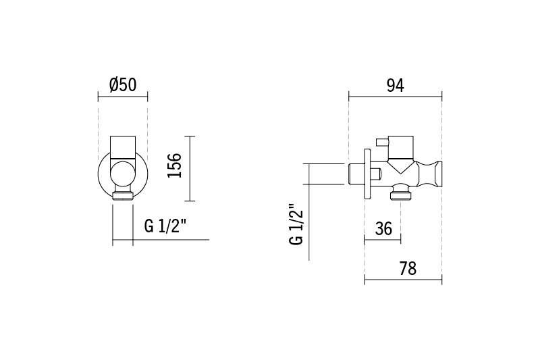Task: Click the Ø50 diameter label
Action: tap(123, 85)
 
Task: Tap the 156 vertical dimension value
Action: tap(174, 165)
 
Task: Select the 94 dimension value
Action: tap(395, 85)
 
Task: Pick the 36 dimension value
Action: tap(383, 228)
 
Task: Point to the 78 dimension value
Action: tap(408, 268)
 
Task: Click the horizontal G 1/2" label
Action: tap(165, 226)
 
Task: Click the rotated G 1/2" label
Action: tap(296, 225)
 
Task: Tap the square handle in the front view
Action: tap(123, 147)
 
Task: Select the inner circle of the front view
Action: tap(123, 173)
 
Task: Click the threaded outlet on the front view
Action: tap(123, 195)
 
